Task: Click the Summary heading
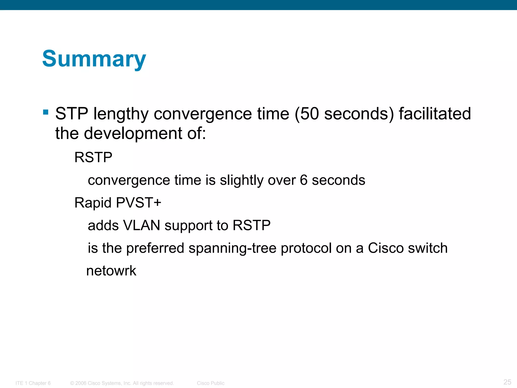(94, 59)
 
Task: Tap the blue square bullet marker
(46, 112)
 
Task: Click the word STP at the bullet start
(72, 114)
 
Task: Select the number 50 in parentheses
(310, 114)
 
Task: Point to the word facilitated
(435, 114)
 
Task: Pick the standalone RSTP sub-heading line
(93, 157)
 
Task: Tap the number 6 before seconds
(303, 180)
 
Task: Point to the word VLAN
(141, 225)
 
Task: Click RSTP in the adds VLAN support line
(251, 225)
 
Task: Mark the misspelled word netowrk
(111, 271)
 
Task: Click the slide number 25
(507, 382)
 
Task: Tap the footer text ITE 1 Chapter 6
(33, 383)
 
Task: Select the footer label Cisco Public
(211, 383)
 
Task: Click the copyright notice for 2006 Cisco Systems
(122, 383)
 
